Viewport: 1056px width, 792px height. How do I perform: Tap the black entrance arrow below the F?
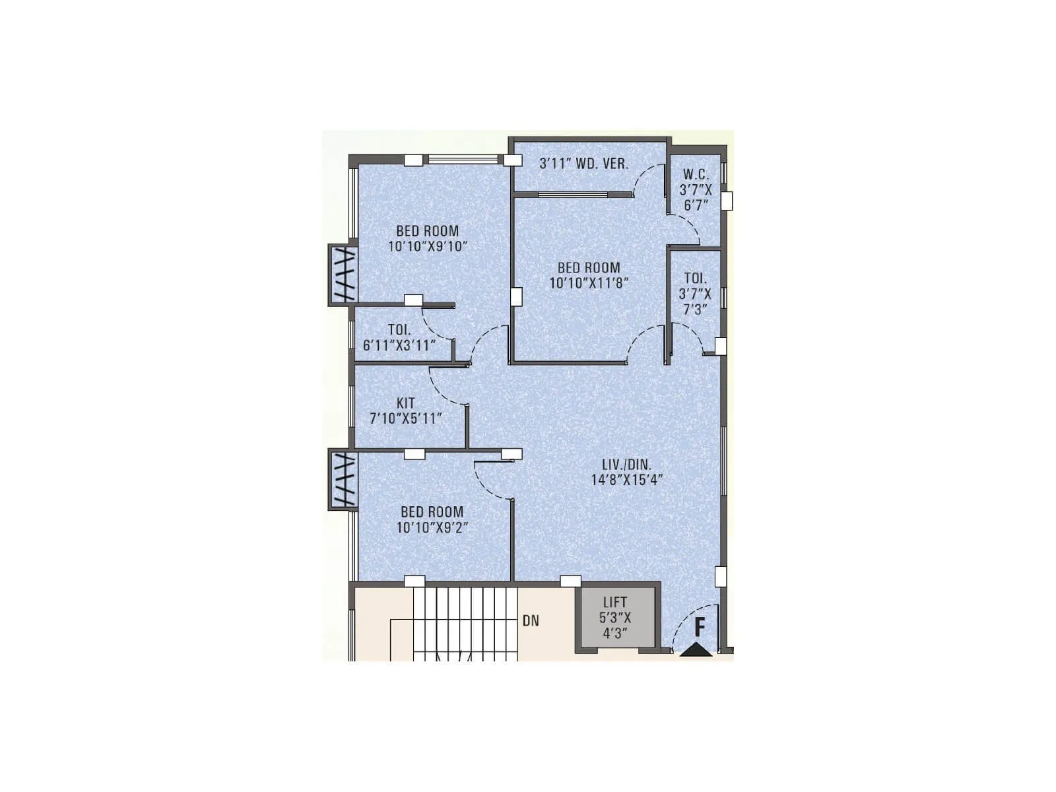[x=696, y=651]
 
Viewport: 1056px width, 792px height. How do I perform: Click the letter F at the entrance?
[x=700, y=626]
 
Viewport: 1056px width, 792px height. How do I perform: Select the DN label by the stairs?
[x=531, y=620]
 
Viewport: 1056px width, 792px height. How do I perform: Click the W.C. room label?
[x=696, y=175]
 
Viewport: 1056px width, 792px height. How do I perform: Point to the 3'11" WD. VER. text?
[x=583, y=164]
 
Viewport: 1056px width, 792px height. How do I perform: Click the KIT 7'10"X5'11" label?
[x=405, y=411]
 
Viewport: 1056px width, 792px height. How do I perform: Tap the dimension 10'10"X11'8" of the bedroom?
[x=589, y=283]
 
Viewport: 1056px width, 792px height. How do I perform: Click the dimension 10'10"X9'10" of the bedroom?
[x=428, y=247]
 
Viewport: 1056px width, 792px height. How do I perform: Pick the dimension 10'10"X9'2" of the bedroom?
[x=432, y=527]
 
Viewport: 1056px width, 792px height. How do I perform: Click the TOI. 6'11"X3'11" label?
[x=399, y=337]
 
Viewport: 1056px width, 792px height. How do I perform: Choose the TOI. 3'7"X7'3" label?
[x=695, y=294]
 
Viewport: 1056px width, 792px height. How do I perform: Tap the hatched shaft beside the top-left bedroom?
[x=343, y=275]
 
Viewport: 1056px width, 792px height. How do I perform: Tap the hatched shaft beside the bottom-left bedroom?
[x=343, y=480]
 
